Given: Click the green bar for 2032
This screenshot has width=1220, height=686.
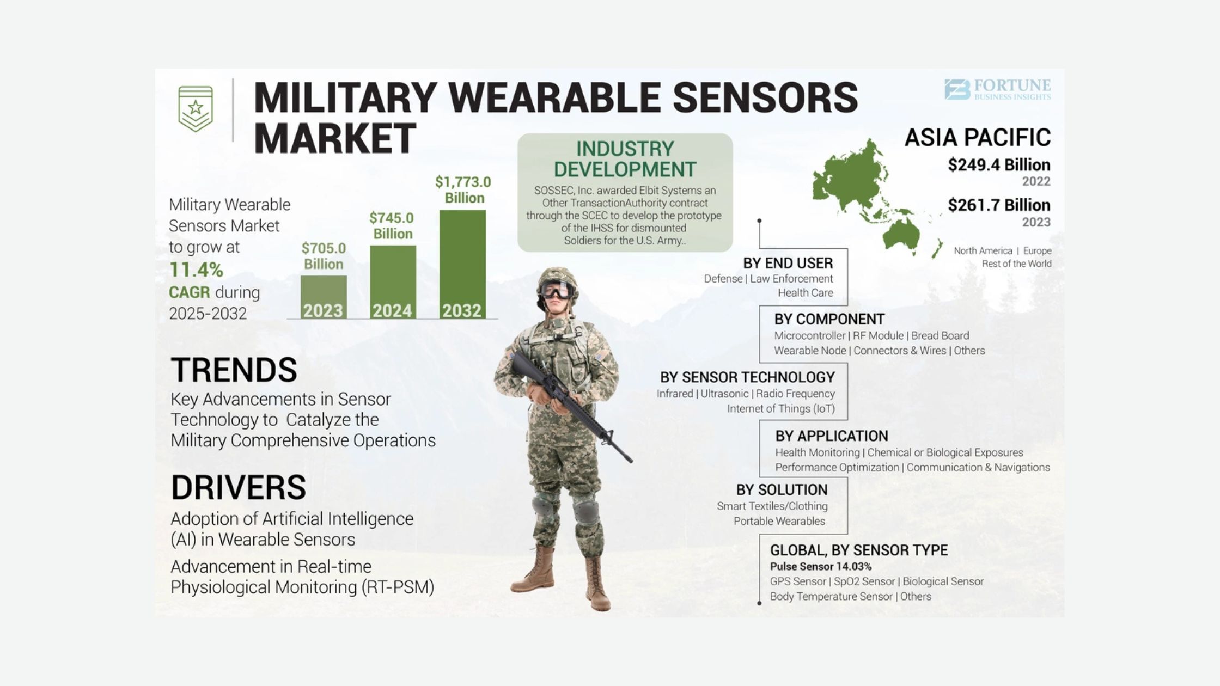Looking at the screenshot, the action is tap(462, 264).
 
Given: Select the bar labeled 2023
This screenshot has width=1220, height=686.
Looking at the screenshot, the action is tap(324, 297).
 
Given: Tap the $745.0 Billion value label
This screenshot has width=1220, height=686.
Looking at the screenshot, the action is tap(392, 226).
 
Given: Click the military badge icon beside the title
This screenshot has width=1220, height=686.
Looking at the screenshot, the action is tap(196, 109).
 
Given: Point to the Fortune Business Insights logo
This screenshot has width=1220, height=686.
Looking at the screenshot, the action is tap(998, 90).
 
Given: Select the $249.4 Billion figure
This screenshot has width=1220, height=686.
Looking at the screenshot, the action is tap(999, 165).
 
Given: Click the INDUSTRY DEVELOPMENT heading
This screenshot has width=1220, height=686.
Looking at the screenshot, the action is tap(625, 159).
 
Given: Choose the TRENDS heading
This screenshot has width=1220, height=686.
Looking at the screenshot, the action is tap(234, 370).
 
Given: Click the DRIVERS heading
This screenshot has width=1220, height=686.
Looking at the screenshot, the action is tap(239, 487).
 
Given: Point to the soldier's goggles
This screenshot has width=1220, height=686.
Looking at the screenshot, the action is tap(556, 290).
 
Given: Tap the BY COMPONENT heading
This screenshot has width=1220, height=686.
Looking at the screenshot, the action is tap(829, 319).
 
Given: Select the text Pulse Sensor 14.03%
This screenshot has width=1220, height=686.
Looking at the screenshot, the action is tap(821, 567).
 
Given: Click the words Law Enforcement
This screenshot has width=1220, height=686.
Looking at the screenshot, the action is tap(791, 279).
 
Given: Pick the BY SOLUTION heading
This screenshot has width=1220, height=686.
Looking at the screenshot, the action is tap(782, 490).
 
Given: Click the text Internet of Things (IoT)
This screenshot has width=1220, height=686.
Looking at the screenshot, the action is tap(781, 409).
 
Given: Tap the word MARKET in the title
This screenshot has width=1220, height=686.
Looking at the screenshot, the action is tap(335, 138).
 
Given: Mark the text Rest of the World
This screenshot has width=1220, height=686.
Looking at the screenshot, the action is tap(1016, 264).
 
